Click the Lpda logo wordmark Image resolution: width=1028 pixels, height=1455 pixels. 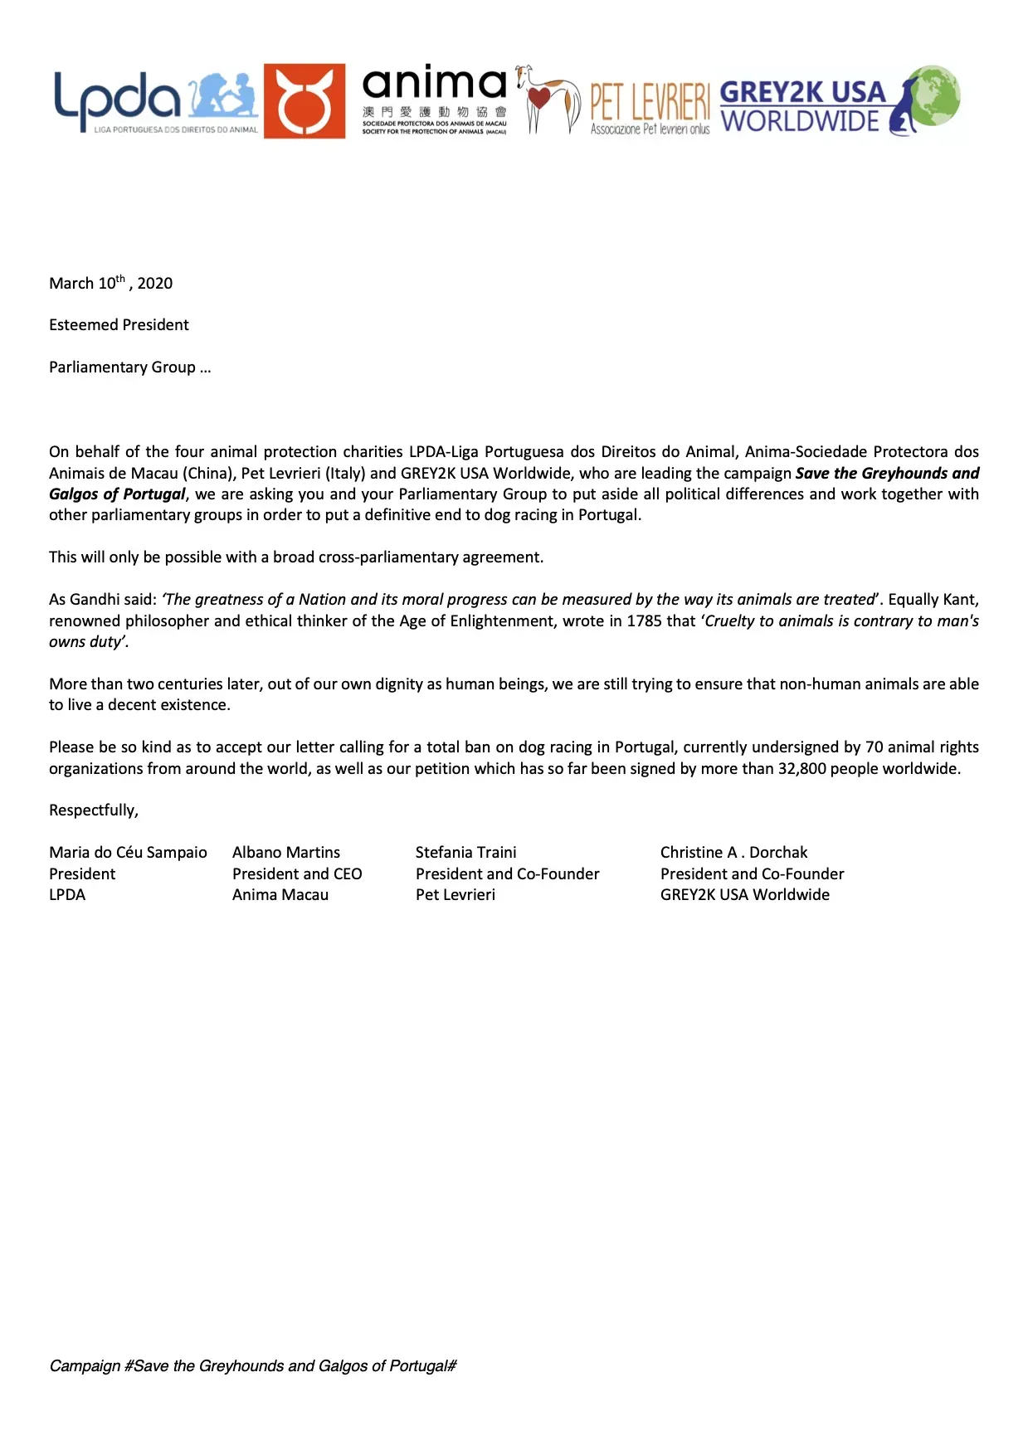click(x=116, y=98)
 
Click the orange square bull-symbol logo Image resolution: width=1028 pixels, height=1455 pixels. click(x=305, y=101)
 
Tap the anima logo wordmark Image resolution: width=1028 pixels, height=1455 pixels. click(x=434, y=85)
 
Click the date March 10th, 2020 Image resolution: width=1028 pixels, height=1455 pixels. click(x=110, y=283)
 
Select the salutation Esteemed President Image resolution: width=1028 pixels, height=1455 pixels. click(x=119, y=324)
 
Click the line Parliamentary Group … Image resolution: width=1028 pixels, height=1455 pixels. click(x=129, y=367)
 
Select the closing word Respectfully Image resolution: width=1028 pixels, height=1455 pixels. click(x=93, y=810)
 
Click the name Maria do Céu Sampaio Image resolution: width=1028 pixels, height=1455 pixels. click(x=128, y=852)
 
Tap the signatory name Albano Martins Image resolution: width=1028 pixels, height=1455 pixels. click(x=286, y=852)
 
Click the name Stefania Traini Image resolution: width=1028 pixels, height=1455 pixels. click(x=465, y=852)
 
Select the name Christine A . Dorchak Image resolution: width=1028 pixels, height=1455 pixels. click(x=733, y=852)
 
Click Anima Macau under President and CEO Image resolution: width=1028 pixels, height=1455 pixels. click(x=280, y=894)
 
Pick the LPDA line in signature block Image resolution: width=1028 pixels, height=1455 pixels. click(x=67, y=894)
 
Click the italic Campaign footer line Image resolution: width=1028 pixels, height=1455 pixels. click(x=253, y=1365)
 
